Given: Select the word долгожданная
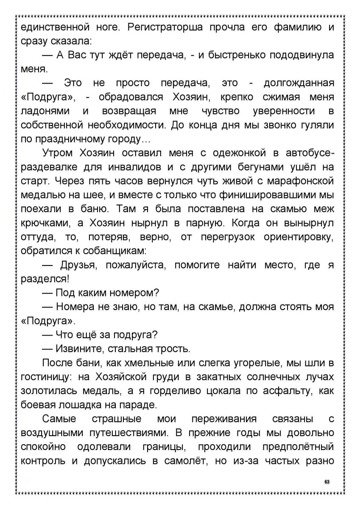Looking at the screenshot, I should pyautogui.click(x=299, y=83).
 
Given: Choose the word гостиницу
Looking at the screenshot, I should pyautogui.click(x=42, y=377).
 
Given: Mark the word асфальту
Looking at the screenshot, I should pyautogui.click(x=287, y=391).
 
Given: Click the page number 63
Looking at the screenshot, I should pyautogui.click(x=327, y=482).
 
